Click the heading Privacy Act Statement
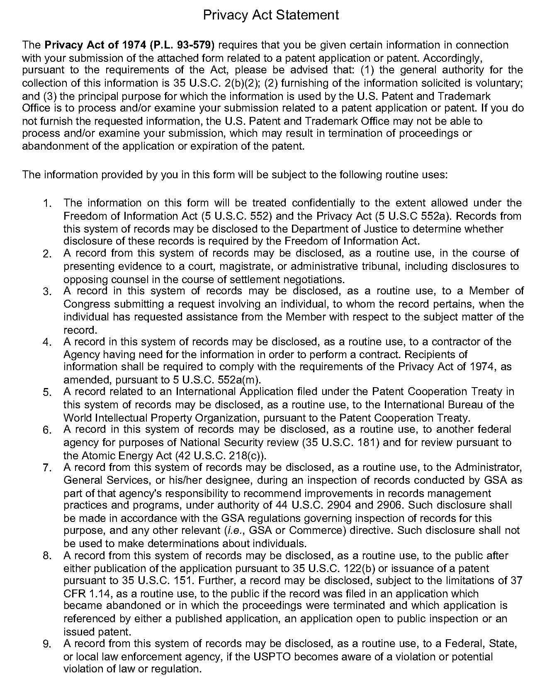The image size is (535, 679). tap(271, 15)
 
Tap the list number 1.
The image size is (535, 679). tap(47, 204)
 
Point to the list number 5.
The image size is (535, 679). tap(47, 392)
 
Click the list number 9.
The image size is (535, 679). tap(47, 644)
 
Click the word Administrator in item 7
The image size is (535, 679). tap(488, 468)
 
